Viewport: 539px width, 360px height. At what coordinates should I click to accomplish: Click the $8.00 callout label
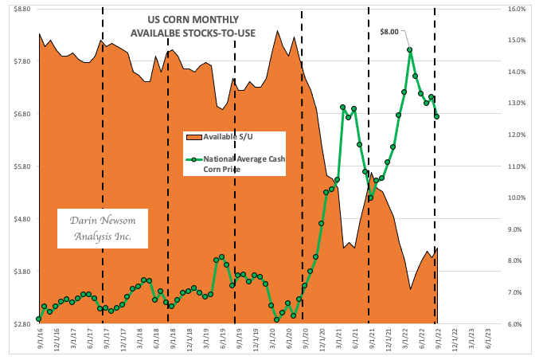coord(390,31)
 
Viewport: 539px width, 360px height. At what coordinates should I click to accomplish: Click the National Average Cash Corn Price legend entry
coord(240,164)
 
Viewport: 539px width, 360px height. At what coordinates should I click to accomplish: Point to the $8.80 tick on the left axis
coord(19,9)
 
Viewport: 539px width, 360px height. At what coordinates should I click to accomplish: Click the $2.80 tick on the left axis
coord(19,324)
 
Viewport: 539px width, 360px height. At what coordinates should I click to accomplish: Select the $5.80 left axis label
coord(19,166)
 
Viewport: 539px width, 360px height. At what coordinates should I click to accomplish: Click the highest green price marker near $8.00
coord(409,50)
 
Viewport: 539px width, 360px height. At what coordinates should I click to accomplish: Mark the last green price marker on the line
coord(436,117)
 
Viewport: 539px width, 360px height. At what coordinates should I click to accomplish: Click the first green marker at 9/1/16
coord(38,319)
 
